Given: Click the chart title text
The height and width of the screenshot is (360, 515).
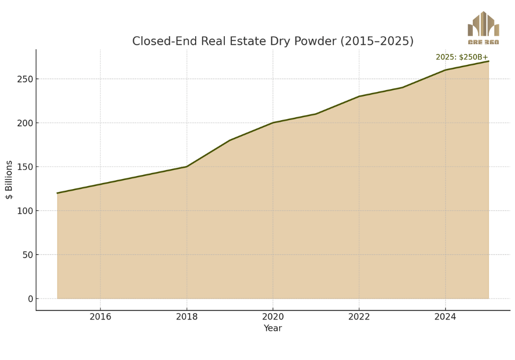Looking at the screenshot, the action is (x=273, y=41).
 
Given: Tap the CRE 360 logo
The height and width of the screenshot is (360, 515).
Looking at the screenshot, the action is (x=483, y=28).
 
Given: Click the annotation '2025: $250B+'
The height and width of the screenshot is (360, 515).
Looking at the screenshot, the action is (x=462, y=57).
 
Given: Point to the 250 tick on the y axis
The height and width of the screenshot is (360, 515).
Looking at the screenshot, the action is (x=25, y=79).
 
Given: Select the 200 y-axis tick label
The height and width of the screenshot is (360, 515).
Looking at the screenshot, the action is (x=25, y=123).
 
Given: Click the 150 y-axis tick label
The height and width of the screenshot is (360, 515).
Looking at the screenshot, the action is (x=25, y=167).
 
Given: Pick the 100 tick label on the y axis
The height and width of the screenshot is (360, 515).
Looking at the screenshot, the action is (x=25, y=211).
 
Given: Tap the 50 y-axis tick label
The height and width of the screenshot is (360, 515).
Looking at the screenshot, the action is (x=28, y=255).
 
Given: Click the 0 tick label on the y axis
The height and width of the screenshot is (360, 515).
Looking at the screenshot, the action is (x=31, y=299).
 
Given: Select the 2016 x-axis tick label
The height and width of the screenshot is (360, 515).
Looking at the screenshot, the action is (x=101, y=317).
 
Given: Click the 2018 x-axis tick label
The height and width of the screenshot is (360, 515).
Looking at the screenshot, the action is (x=187, y=317).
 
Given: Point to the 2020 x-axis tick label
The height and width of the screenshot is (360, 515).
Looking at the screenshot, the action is (x=273, y=317).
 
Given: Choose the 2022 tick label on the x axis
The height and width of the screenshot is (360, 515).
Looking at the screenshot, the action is (x=359, y=317).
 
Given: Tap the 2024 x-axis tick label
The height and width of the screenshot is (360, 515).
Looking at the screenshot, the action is (x=446, y=317).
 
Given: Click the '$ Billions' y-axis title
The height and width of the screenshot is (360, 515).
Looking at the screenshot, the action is (x=9, y=179).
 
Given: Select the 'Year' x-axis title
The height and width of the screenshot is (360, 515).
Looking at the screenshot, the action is (x=273, y=328).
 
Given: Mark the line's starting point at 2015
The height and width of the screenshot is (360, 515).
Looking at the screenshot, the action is (x=57, y=193).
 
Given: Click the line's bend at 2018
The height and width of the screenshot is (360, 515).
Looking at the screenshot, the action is (x=187, y=166).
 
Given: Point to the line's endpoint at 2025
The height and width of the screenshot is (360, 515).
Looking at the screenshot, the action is (x=489, y=61).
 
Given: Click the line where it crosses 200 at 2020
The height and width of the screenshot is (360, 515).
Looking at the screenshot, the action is (x=273, y=123).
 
